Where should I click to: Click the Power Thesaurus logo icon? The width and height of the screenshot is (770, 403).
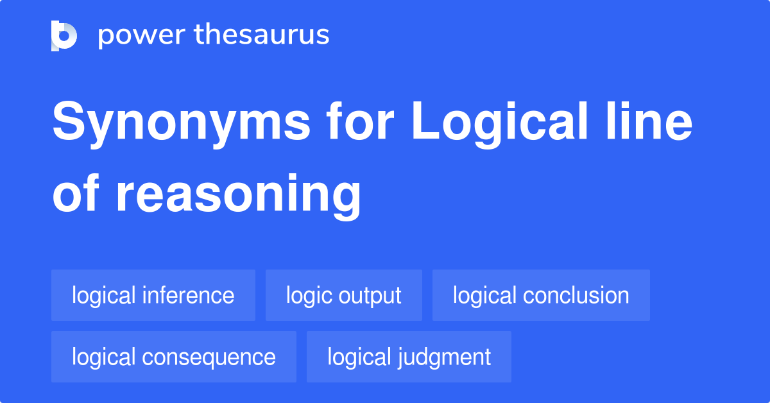click(x=64, y=35)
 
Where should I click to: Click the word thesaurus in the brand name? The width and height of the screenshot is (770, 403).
click(x=262, y=35)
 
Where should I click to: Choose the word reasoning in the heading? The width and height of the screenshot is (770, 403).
click(x=239, y=196)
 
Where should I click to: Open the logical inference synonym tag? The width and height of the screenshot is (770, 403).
click(x=153, y=295)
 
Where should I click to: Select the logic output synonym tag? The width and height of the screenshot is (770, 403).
click(x=344, y=295)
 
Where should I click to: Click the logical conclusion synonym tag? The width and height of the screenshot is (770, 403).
click(x=541, y=295)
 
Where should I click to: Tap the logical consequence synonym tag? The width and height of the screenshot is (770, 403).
click(x=174, y=357)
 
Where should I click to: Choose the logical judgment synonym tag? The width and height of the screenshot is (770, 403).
click(x=409, y=357)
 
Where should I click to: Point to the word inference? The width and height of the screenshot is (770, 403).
click(x=189, y=295)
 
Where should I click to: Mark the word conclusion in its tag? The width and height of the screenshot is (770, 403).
click(x=576, y=295)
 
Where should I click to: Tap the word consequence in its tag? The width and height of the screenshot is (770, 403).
click(x=210, y=357)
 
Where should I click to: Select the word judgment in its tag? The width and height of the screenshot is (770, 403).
click(x=445, y=357)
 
